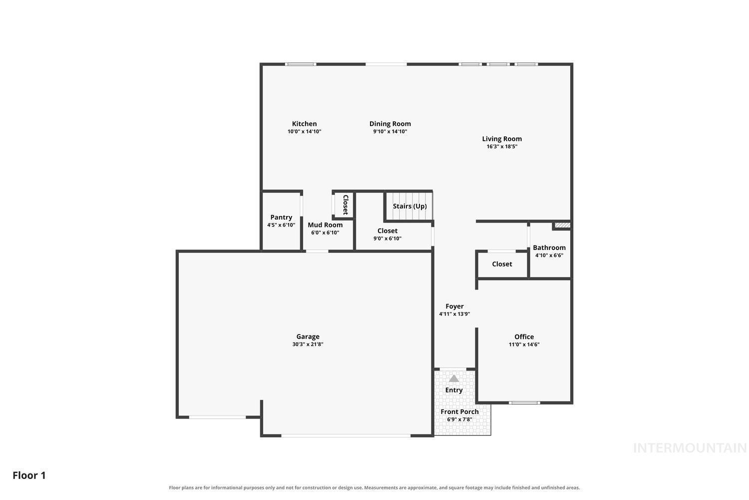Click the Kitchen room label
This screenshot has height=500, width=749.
pos(304,123)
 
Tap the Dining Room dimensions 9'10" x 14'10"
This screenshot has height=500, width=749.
pos(390,131)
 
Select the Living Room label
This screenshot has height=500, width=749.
pos(501,138)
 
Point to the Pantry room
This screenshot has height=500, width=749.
pos(281,220)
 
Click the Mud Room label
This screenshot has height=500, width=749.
pos(325,224)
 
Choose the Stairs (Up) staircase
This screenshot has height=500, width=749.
pos(409,206)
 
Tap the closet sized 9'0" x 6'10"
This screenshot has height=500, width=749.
pos(393,234)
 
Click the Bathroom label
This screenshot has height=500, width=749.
pos(549,247)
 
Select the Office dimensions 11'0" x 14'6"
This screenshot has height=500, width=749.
pos(524,344)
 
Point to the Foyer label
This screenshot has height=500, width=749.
pos(454,306)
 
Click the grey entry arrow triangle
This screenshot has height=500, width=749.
pos(454,378)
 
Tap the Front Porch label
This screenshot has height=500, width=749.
pos(459,411)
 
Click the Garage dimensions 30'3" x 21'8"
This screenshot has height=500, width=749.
pos(308,344)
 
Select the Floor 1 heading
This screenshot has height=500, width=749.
pos(29,475)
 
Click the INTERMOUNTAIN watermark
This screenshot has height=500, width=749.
pos(690,448)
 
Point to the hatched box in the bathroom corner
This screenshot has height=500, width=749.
pos(562,225)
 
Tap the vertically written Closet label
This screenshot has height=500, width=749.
pos(346,204)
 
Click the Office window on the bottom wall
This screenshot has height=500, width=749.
pos(524,402)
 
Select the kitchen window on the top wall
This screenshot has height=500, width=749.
pos(301,64)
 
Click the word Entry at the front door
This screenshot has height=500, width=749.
pos(454,390)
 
